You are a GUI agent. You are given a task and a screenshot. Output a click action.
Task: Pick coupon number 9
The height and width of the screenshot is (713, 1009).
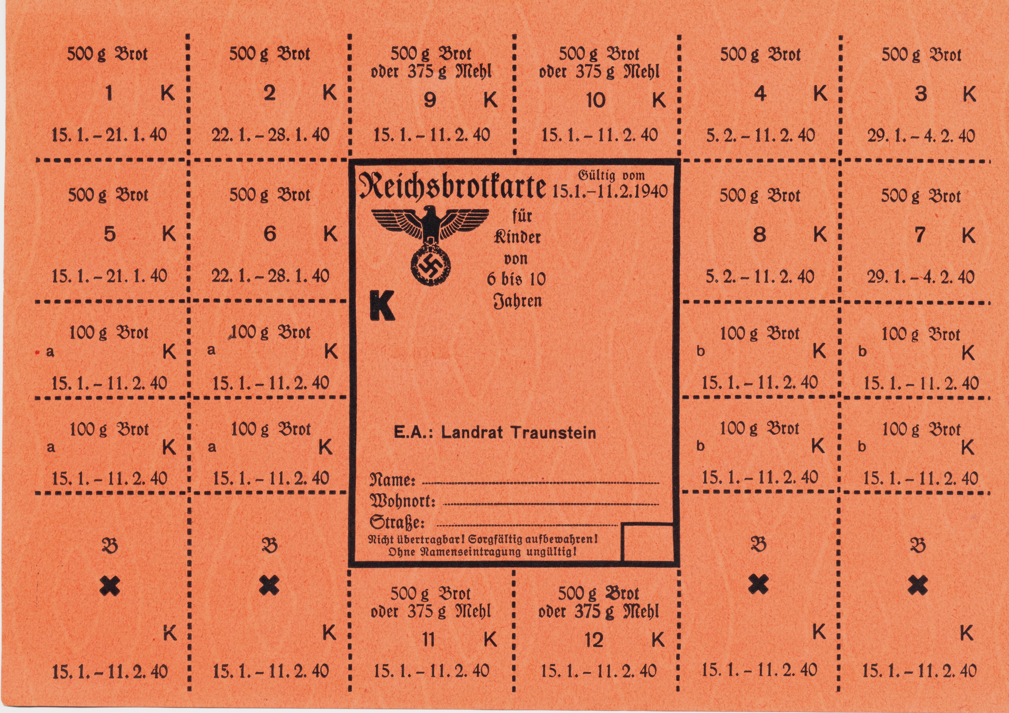429,101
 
